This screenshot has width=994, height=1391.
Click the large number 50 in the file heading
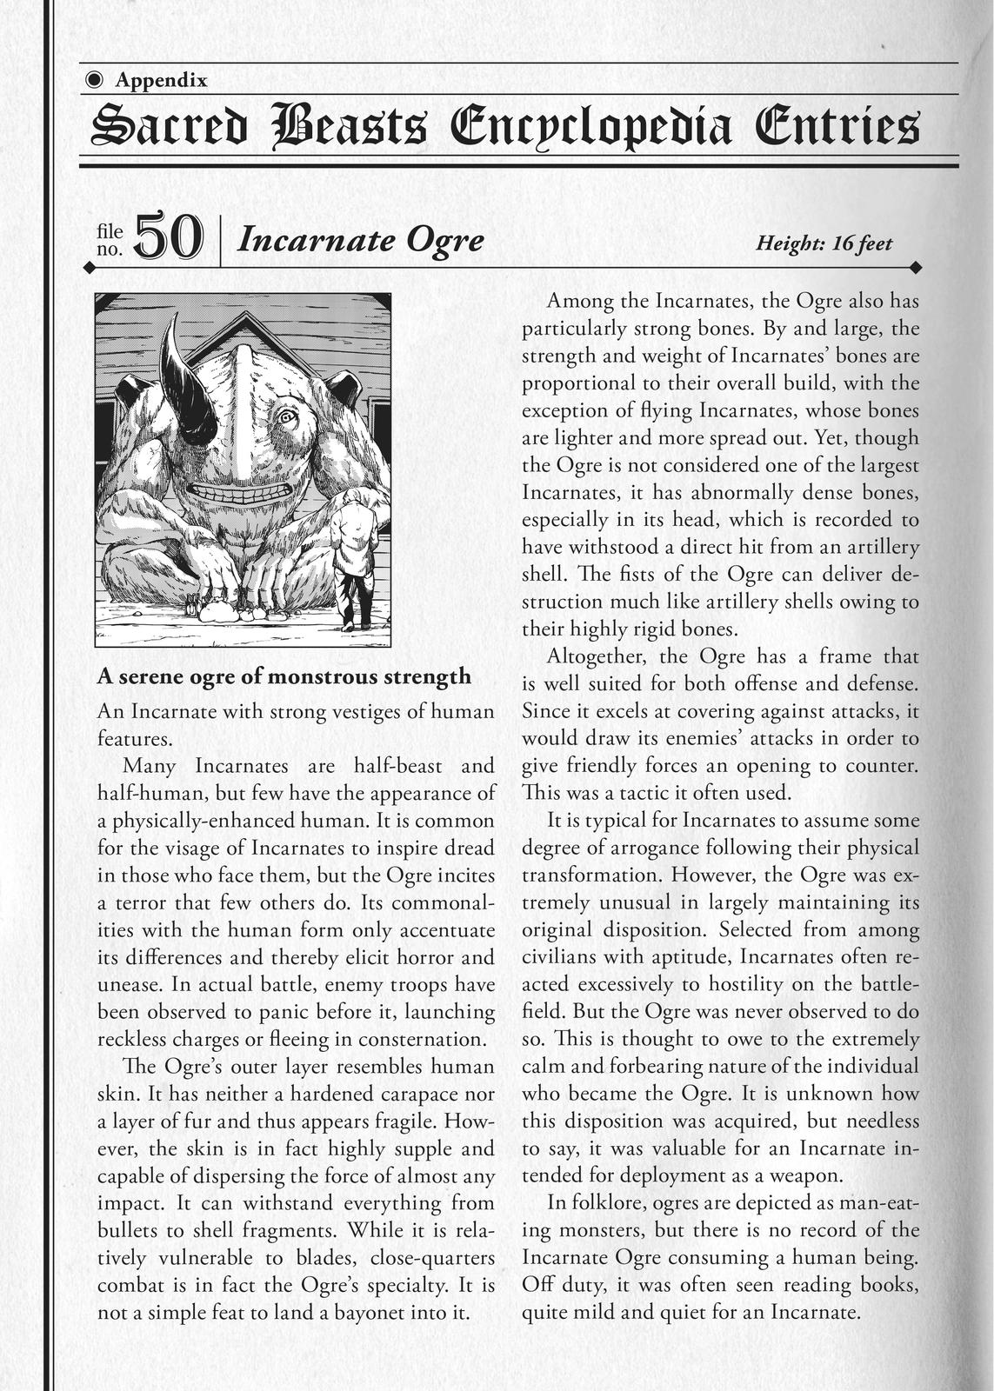tap(170, 237)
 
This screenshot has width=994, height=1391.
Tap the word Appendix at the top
tap(161, 81)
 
